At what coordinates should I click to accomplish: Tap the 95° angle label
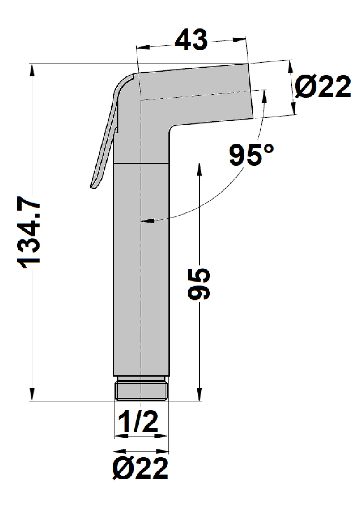click(251, 155)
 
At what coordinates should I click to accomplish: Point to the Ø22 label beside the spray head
click(322, 86)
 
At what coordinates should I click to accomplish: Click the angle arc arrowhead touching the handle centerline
click(147, 221)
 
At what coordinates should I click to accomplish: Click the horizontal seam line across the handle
click(141, 163)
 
